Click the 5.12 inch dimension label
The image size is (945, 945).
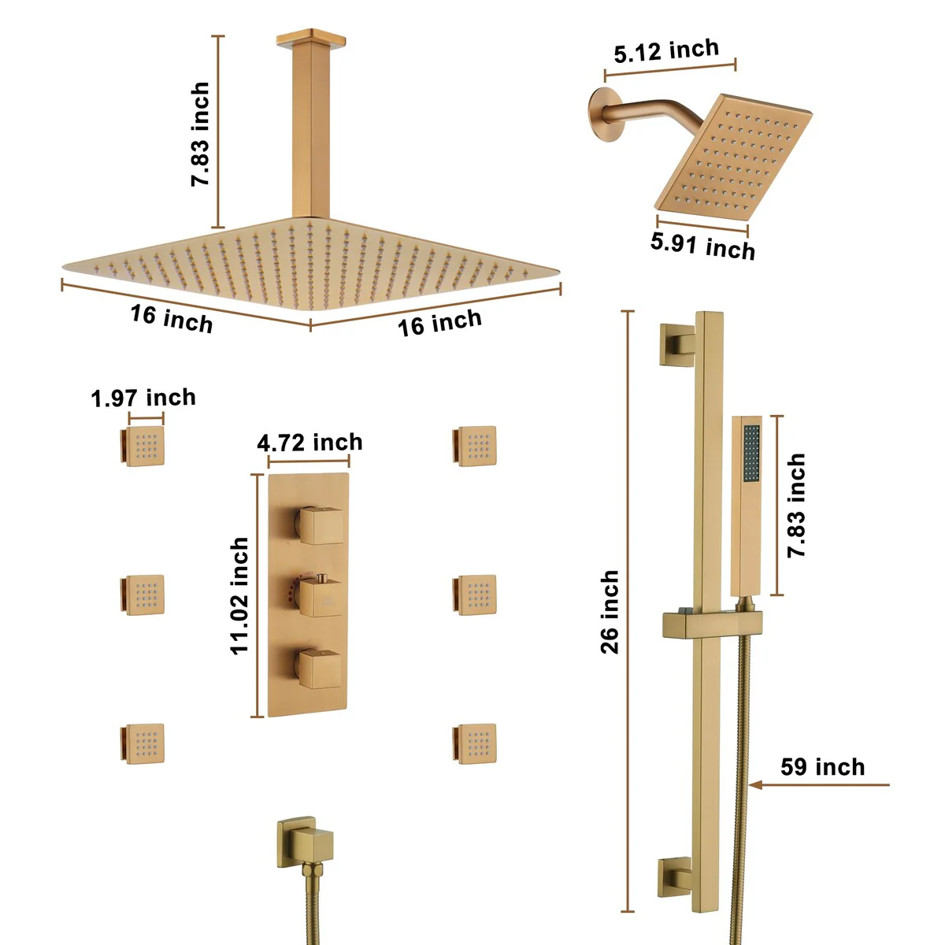click(x=666, y=51)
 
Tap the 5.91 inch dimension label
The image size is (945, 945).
click(x=702, y=245)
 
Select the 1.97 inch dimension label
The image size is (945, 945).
click(x=143, y=397)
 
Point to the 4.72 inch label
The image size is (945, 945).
click(x=309, y=443)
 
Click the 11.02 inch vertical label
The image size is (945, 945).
click(x=239, y=595)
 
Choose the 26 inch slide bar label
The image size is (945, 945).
click(x=610, y=612)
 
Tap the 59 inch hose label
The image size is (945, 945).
click(x=822, y=767)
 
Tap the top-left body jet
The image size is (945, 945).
click(x=143, y=445)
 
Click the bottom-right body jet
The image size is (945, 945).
click(x=474, y=743)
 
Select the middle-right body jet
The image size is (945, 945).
click(x=474, y=595)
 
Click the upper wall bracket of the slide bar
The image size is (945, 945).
click(x=676, y=345)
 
